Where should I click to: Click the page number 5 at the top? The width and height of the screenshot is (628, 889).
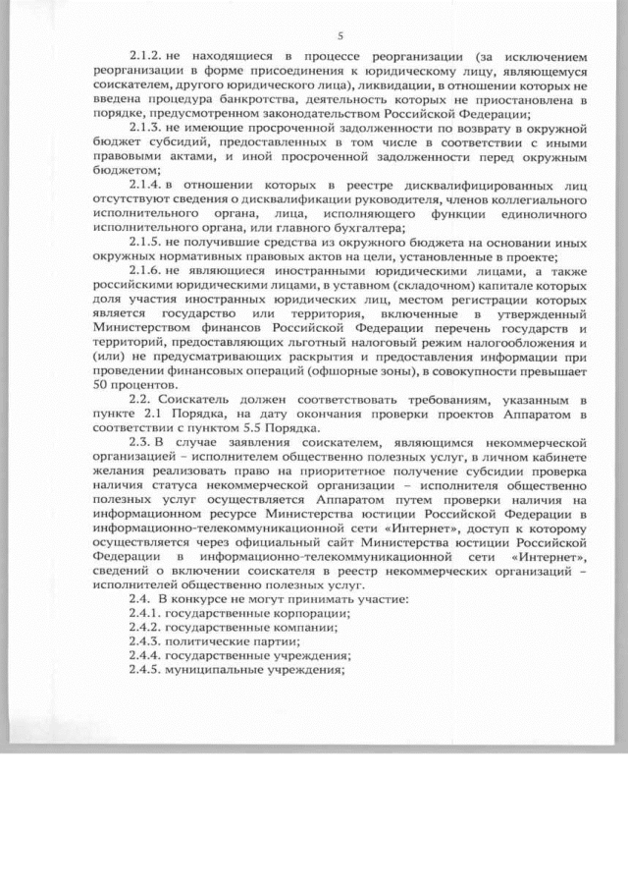pyautogui.click(x=339, y=36)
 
